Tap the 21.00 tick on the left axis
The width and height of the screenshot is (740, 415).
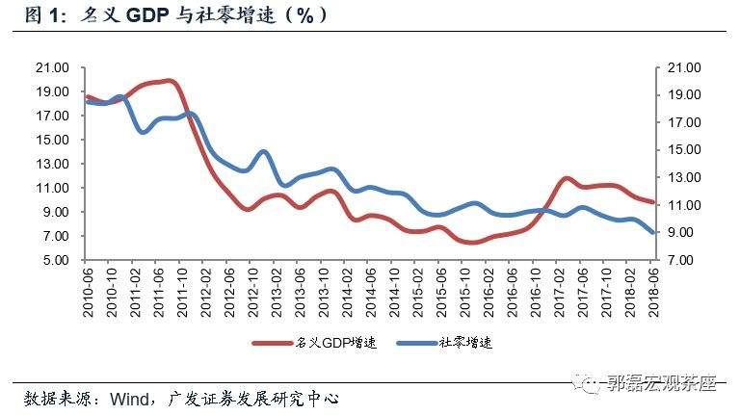click(x=52, y=67)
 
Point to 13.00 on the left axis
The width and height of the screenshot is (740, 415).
click(x=52, y=164)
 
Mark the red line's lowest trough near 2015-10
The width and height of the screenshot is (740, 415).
click(x=473, y=243)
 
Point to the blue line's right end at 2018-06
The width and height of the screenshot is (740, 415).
click(x=653, y=232)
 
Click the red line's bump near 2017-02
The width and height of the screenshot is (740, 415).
click(x=567, y=179)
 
